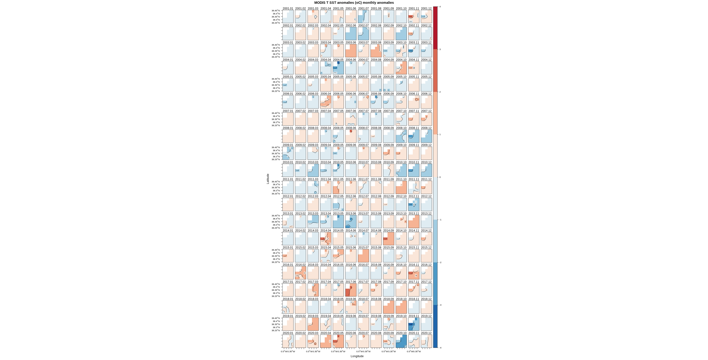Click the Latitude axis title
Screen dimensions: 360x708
(268, 179)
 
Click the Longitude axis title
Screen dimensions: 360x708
(357, 356)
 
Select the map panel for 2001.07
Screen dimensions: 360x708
(363, 17)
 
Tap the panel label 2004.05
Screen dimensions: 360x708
(338, 60)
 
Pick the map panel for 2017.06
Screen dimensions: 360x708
(351, 290)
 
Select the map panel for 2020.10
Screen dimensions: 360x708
(401, 341)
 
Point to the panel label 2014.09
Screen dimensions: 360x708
(388, 231)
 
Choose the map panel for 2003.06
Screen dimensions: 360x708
(351, 51)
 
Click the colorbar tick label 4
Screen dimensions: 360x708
(440, 7)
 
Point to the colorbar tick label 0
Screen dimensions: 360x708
(440, 177)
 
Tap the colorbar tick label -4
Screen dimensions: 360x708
(440, 348)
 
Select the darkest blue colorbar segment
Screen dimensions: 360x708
(435, 326)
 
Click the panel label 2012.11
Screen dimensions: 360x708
(414, 196)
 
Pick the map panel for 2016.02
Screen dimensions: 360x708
(300, 273)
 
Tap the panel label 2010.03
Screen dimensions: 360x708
(313, 162)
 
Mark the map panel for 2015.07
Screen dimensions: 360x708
(363, 256)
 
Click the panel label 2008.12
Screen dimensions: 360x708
(426, 128)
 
